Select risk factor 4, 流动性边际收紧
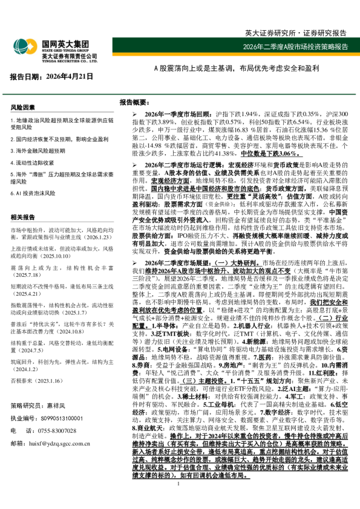coord(34,163)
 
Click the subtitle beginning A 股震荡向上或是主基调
coord(235,68)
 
